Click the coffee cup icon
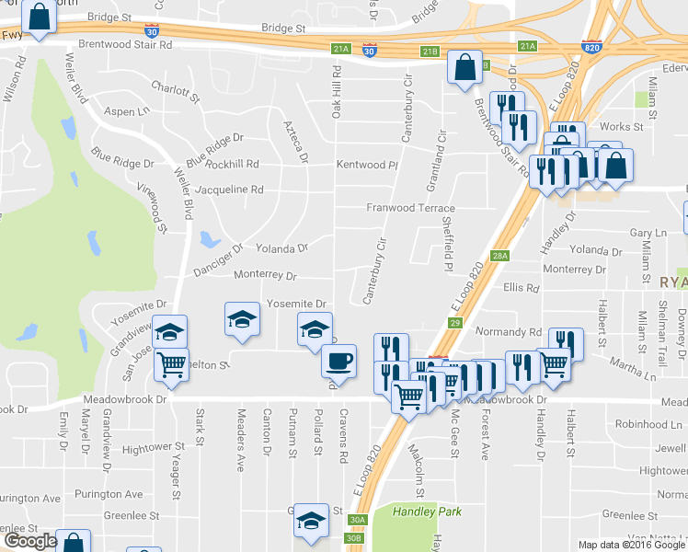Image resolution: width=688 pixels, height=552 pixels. pos(338,359)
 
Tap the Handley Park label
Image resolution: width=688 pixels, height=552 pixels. pos(427,512)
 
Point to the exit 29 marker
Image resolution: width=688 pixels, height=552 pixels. pos(454,322)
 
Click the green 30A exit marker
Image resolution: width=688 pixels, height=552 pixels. pos(357,520)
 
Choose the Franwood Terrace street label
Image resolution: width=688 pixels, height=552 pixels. pos(411,208)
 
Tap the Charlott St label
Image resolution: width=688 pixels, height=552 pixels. pos(175,90)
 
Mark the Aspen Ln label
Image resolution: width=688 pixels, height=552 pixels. pos(127,111)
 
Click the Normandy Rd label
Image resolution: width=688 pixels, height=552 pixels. pos(509,331)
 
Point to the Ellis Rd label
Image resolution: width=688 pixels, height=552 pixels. pos(521,288)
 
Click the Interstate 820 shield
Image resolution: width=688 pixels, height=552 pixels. pos(591,45)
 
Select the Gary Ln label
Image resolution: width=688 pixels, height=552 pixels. pos(648,234)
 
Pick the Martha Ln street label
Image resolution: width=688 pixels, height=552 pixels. pos(636,376)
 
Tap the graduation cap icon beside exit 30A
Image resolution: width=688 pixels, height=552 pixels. pos(312,521)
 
